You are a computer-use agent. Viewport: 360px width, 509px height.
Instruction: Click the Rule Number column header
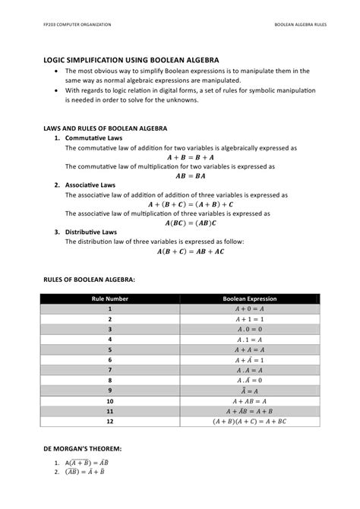[x=110, y=299]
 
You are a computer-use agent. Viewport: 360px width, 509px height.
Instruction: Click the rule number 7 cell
[x=110, y=369]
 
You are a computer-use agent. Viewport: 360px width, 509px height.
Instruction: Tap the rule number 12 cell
[x=110, y=420]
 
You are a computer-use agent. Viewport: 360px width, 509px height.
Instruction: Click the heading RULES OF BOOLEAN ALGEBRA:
[x=89, y=280]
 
